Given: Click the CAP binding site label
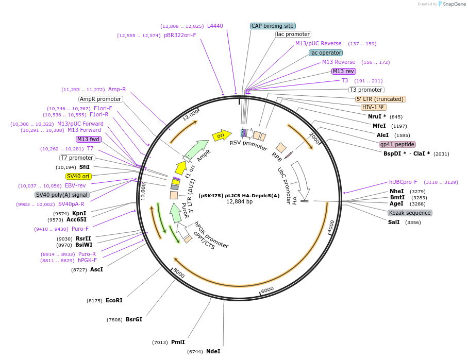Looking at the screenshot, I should (273, 26).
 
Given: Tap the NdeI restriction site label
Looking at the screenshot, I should (213, 351).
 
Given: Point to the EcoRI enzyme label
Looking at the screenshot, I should (114, 300).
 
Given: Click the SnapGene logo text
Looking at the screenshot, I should (454, 4).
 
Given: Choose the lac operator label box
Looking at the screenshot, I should (325, 53).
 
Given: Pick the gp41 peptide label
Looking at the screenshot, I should (397, 144).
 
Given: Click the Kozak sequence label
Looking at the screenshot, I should (410, 213).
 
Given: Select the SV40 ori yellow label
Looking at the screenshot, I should (78, 176).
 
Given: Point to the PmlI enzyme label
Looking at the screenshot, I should (177, 342).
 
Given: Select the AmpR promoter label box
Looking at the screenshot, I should (101, 99).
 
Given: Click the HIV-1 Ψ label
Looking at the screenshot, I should (374, 107).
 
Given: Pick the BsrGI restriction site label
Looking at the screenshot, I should (133, 319).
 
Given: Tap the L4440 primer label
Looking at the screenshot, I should (215, 26).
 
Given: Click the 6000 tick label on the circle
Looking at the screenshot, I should (268, 290).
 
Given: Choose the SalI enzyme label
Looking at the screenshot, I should (394, 222).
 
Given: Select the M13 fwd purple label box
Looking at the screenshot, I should (88, 139).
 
